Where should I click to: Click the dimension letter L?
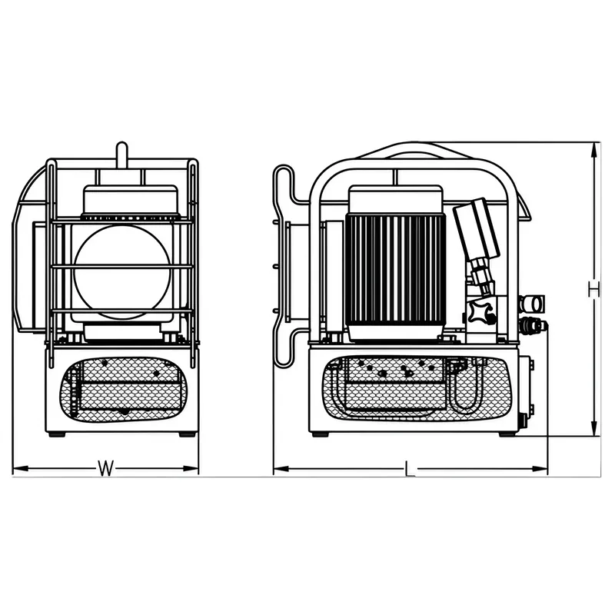coord(410,469)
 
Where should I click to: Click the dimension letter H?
coord(593,289)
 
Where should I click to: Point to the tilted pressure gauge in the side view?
coord(477,230)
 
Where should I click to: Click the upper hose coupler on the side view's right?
coord(532,302)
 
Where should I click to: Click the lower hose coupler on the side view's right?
coord(534,325)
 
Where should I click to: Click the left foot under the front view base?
coord(56,434)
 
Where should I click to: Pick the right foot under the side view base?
coord(507,434)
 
